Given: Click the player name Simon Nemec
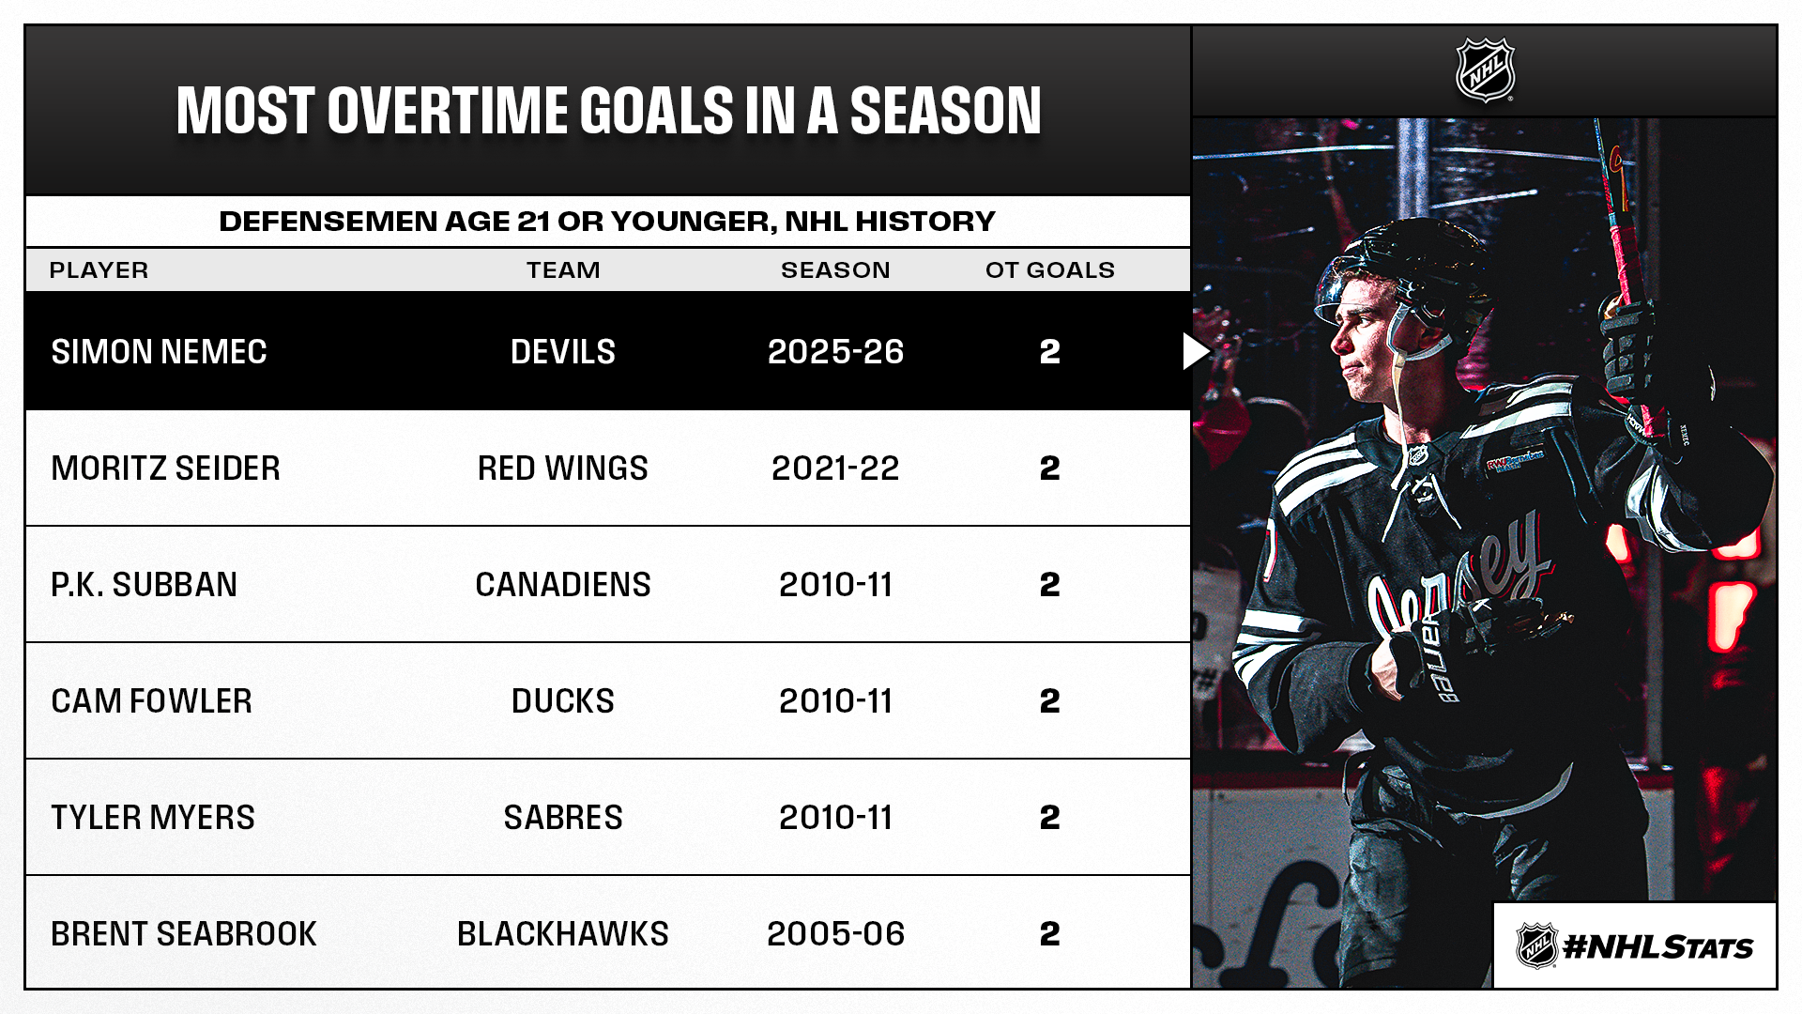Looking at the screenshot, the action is (x=159, y=352).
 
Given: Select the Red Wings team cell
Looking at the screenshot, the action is (x=563, y=469).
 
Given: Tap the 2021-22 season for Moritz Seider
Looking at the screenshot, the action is (x=835, y=469).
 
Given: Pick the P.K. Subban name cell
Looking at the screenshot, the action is (x=144, y=585).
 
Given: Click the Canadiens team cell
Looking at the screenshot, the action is (x=563, y=585).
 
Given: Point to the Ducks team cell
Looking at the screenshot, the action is (x=563, y=701).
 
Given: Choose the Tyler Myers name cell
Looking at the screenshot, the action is (x=153, y=818).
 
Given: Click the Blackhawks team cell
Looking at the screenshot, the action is (x=563, y=934).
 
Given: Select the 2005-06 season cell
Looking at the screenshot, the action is (x=835, y=934).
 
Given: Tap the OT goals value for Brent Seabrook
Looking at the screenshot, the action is (x=1049, y=934).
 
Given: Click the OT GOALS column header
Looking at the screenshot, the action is (x=1049, y=270).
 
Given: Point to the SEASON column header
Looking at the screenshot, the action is (x=835, y=270).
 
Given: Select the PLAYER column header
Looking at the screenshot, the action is (x=99, y=270).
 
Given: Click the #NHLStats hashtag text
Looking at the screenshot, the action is (x=1657, y=947).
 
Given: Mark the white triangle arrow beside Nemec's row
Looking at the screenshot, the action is (x=1196, y=352).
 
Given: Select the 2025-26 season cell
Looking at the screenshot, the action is (x=835, y=352).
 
